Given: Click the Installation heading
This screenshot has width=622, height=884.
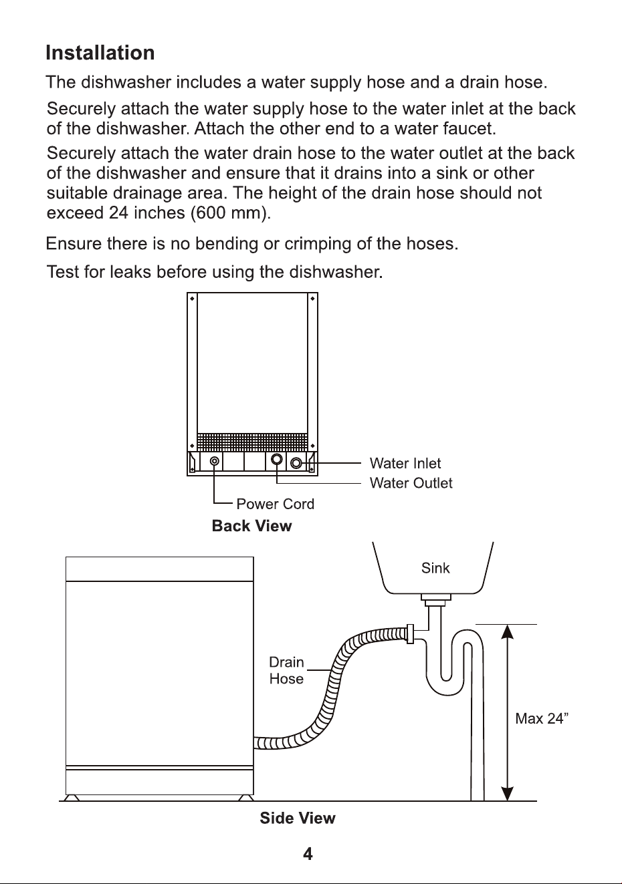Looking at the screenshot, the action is tap(100, 53).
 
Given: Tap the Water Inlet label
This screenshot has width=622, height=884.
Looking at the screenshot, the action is tap(405, 463).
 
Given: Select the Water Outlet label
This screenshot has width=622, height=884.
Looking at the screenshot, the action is tap(411, 482).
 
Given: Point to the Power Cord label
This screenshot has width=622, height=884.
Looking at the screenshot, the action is tap(276, 504).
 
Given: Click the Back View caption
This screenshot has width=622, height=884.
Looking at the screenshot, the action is tap(251, 526).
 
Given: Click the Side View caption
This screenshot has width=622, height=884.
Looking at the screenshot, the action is tap(298, 818).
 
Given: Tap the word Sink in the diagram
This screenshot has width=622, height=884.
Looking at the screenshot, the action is tap(435, 568).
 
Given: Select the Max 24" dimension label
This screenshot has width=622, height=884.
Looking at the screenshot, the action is tap(542, 718).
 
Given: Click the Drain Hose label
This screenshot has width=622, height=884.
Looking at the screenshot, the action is tap(286, 670).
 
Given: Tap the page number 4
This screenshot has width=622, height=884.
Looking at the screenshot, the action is tap(308, 854).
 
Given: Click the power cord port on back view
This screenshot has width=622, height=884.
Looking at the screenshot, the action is tap(215, 461).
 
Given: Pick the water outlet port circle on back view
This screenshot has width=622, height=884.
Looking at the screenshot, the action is tap(277, 459).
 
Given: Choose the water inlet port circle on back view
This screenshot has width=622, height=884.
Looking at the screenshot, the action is tap(296, 462).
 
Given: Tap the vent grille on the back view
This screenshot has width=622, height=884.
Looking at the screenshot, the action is tap(252, 442).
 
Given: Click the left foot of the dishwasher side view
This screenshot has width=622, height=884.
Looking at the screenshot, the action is tap(72, 798).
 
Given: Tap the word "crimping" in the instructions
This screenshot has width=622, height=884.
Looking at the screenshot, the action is tap(318, 244).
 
